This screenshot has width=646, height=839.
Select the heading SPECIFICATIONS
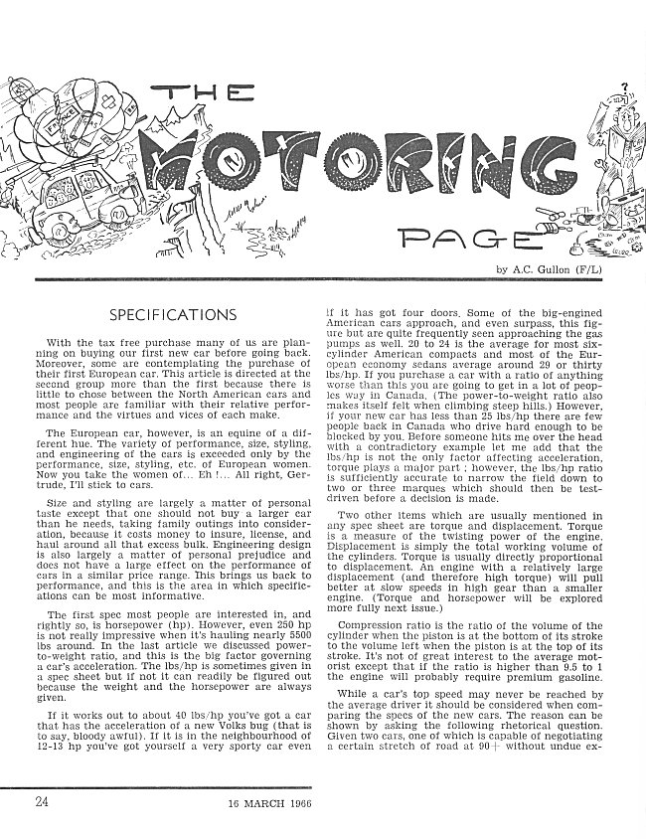point(173,316)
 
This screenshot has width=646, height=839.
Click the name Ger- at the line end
point(296,487)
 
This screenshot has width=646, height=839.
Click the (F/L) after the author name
point(615,270)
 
